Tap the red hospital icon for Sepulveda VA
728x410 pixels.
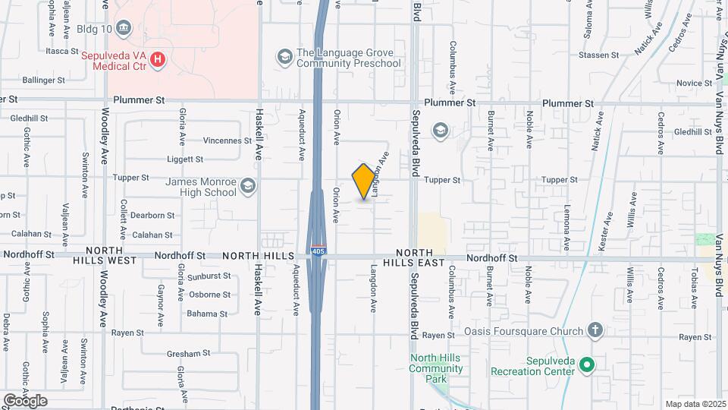coord(158,59)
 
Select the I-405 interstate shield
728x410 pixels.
coord(318,250)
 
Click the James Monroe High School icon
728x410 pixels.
coord(247,186)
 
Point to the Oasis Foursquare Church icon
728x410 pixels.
coord(595,330)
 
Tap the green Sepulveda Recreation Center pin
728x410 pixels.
coord(586,365)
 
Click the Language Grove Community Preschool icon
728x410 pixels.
coord(284,58)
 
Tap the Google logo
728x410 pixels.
coord(25,400)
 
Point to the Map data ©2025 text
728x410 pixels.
coord(695,404)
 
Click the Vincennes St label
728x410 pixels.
coord(227,140)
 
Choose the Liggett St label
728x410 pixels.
coord(185,159)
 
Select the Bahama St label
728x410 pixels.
coord(208,314)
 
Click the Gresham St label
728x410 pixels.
coord(188,353)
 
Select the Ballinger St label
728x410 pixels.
coord(44,80)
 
